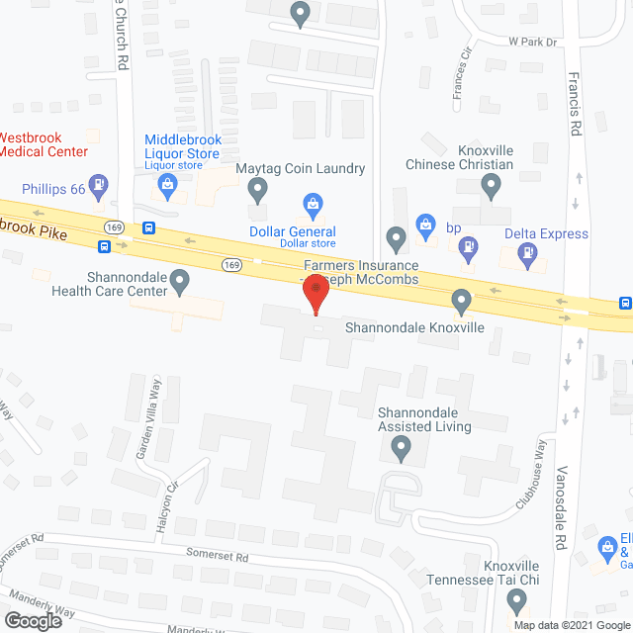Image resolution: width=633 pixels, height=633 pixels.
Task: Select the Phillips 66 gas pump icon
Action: tap(98, 184)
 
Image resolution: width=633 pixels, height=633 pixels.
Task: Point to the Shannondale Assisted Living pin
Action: tap(401, 450)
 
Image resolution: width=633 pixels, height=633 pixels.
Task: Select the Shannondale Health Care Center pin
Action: tap(180, 283)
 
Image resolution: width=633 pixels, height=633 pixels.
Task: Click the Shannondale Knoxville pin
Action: tap(461, 299)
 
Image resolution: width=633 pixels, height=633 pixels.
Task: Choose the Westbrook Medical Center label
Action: tap(44, 144)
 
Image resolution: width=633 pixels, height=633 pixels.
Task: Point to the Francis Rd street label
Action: tap(575, 109)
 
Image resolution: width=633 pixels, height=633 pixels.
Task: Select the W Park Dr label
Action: tap(533, 43)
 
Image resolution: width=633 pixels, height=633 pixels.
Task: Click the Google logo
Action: tap(33, 620)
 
